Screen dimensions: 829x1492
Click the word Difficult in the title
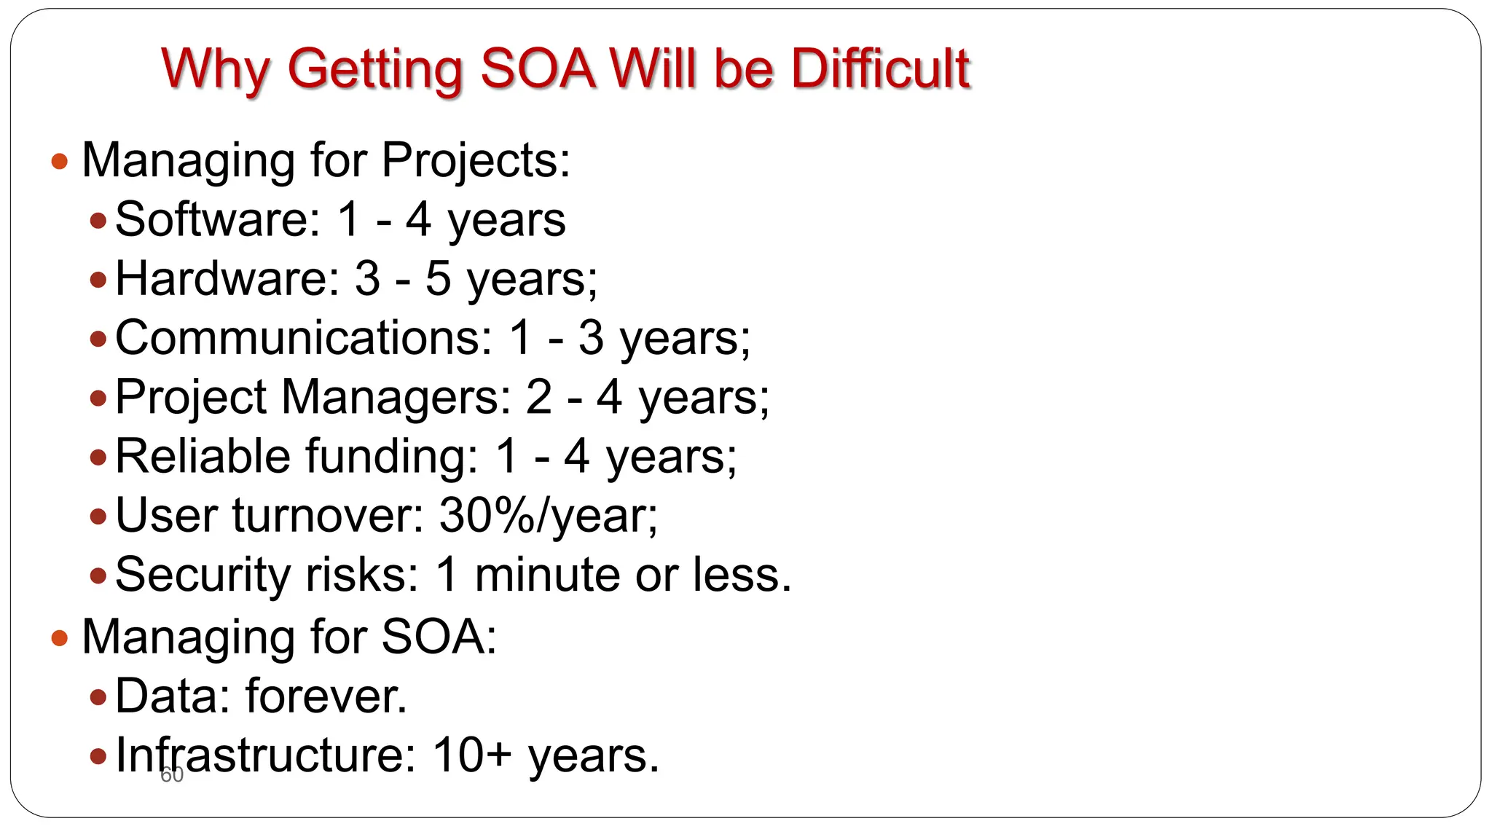[880, 68]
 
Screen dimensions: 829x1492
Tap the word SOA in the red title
[537, 68]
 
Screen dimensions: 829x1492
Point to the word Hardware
[227, 278]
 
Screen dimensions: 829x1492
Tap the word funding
[390, 457]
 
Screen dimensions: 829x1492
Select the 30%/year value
[547, 516]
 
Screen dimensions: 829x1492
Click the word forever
[326, 696]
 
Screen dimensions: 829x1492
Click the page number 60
[172, 775]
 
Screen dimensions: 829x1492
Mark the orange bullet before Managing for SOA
[60, 639]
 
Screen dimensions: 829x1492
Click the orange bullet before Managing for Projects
[60, 161]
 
